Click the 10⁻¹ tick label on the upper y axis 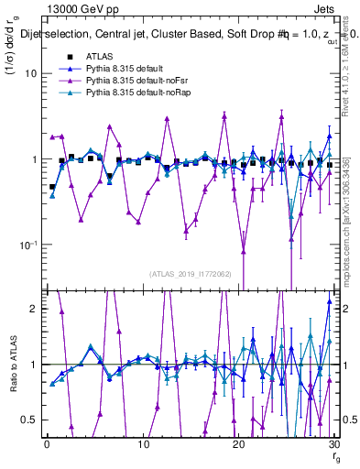[x=26, y=245]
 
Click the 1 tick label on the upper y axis [x=31, y=159]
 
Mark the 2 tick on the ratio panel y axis [x=31, y=309]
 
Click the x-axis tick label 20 [x=238, y=445]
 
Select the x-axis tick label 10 [x=142, y=445]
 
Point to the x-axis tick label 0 [x=46, y=445]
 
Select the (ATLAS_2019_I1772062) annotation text [x=190, y=274]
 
